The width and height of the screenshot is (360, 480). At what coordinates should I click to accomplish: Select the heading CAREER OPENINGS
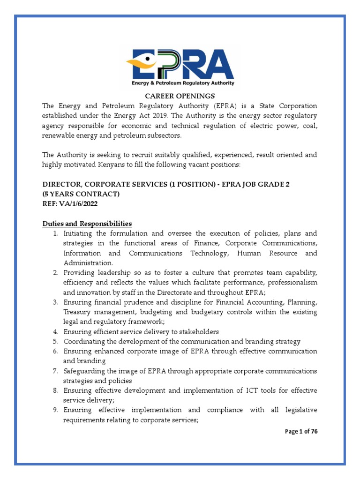pos(180,96)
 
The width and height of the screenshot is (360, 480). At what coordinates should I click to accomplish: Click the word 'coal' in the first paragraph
pos(308,126)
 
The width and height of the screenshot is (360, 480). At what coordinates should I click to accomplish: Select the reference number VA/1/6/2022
pos(82,204)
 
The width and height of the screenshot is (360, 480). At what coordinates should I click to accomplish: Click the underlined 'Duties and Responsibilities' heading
pos(87,224)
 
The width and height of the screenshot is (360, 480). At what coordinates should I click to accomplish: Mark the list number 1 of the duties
pos(55,233)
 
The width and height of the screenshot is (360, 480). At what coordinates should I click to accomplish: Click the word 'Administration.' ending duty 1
pos(88,263)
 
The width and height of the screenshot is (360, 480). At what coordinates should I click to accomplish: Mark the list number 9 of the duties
pos(55,410)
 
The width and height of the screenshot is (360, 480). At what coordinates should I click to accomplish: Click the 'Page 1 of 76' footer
pos(301,432)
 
